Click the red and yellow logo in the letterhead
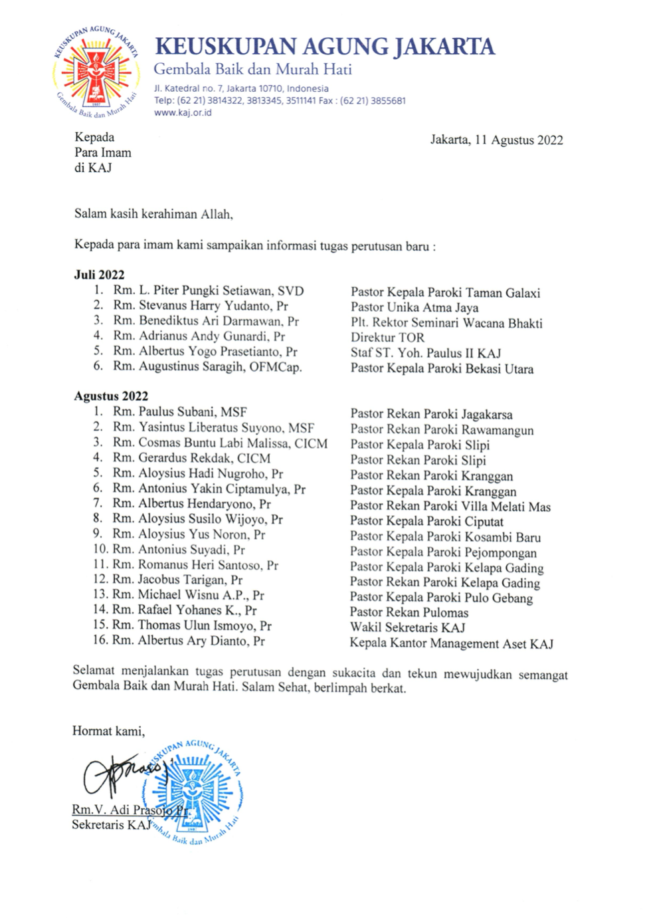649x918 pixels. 96,72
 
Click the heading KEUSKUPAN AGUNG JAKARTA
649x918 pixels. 324,47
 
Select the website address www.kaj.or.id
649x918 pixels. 183,112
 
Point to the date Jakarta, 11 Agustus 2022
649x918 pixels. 496,140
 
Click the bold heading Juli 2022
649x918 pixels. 99,275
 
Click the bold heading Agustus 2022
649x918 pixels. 111,396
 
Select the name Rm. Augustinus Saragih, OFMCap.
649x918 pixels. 207,366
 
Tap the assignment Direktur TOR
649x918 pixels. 387,338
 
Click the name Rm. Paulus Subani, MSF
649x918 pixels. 179,411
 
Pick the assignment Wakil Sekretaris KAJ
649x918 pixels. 407,628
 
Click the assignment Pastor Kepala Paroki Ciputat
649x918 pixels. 426,521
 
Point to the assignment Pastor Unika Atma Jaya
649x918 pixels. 415,307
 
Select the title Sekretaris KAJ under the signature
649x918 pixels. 112,825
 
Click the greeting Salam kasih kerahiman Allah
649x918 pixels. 153,214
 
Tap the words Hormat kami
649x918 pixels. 108,731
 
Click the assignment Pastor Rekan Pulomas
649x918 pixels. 409,612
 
